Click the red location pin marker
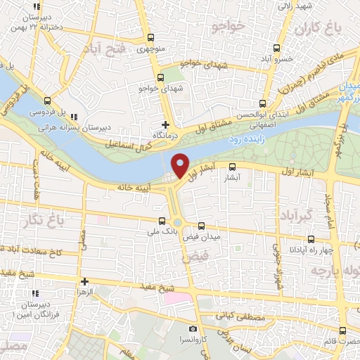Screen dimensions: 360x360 (180, 165)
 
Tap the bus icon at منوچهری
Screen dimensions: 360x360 (151, 38)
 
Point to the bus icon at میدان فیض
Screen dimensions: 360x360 (202, 226)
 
